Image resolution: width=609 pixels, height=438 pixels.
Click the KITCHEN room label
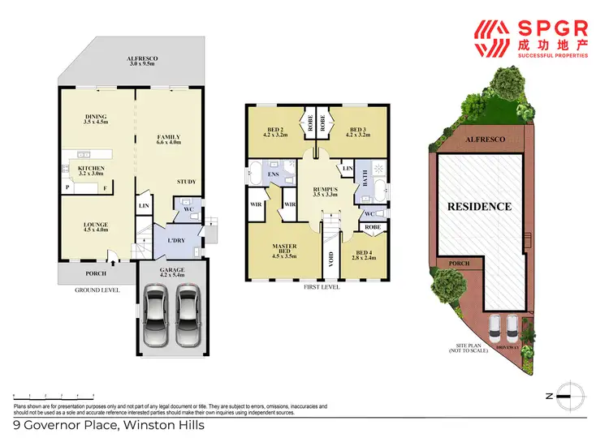coord(91,169)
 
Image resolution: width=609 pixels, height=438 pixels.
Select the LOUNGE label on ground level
coord(96,226)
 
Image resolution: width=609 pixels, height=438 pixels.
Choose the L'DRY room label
coord(178,241)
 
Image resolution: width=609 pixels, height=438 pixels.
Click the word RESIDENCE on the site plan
coord(480,207)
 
